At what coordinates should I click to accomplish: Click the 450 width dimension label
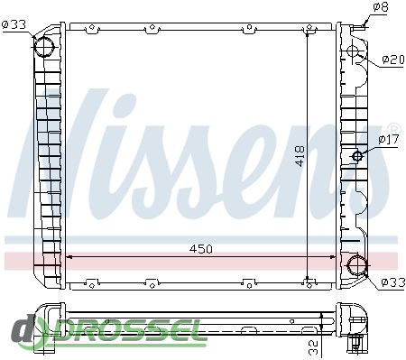pyautogui.click(x=200, y=249)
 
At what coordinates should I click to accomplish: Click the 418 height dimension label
pyautogui.click(x=300, y=156)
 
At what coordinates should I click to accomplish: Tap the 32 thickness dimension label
pyautogui.click(x=313, y=347)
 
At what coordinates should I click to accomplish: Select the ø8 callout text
pyautogui.click(x=381, y=7)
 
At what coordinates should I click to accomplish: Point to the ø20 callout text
pyautogui.click(x=393, y=60)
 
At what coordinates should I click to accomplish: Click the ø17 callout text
pyautogui.click(x=389, y=139)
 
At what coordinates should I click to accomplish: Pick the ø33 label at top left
pyautogui.click(x=14, y=24)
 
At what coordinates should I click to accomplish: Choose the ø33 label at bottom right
pyautogui.click(x=393, y=282)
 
